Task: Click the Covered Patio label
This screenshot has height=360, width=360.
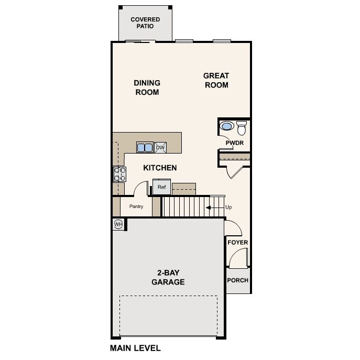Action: point(145,23)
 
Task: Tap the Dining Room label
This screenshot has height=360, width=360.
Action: point(147,87)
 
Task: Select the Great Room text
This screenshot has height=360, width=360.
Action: point(216,80)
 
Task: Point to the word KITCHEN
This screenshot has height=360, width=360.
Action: point(160,168)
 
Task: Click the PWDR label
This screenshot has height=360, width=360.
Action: point(234,143)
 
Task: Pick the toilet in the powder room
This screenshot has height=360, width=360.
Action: point(242,127)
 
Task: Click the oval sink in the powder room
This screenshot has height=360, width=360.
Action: point(227,126)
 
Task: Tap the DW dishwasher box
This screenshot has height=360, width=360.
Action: point(160,147)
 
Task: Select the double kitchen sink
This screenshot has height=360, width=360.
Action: point(145,147)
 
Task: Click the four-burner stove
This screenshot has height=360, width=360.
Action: point(119,173)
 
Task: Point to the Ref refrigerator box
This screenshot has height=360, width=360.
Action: point(161,187)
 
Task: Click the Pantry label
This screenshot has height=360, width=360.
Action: point(136,206)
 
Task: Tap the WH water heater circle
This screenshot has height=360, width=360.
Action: point(118,224)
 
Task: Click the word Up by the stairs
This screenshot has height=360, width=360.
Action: point(228,208)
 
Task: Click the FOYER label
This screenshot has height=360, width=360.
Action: point(237,242)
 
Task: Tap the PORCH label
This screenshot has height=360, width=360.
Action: point(237,280)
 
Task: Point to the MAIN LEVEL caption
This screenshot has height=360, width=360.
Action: point(135,348)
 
